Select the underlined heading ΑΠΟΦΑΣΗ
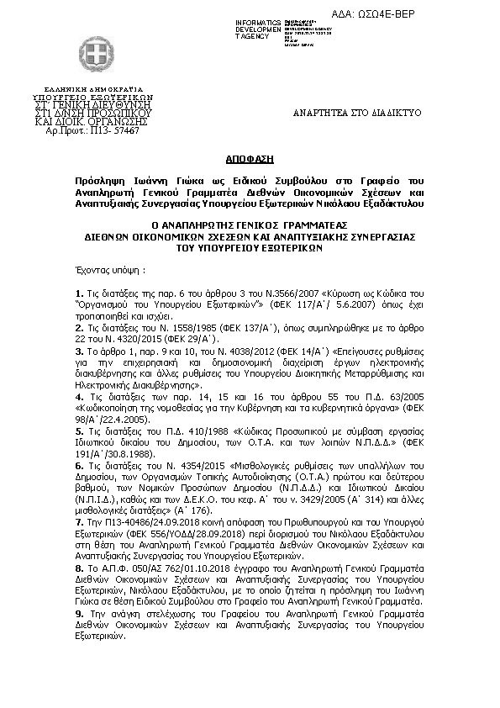250,159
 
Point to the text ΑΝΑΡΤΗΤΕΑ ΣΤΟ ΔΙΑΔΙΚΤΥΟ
356,112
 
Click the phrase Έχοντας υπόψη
104,272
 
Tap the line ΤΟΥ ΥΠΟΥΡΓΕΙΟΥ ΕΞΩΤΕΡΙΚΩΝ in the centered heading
250,249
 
